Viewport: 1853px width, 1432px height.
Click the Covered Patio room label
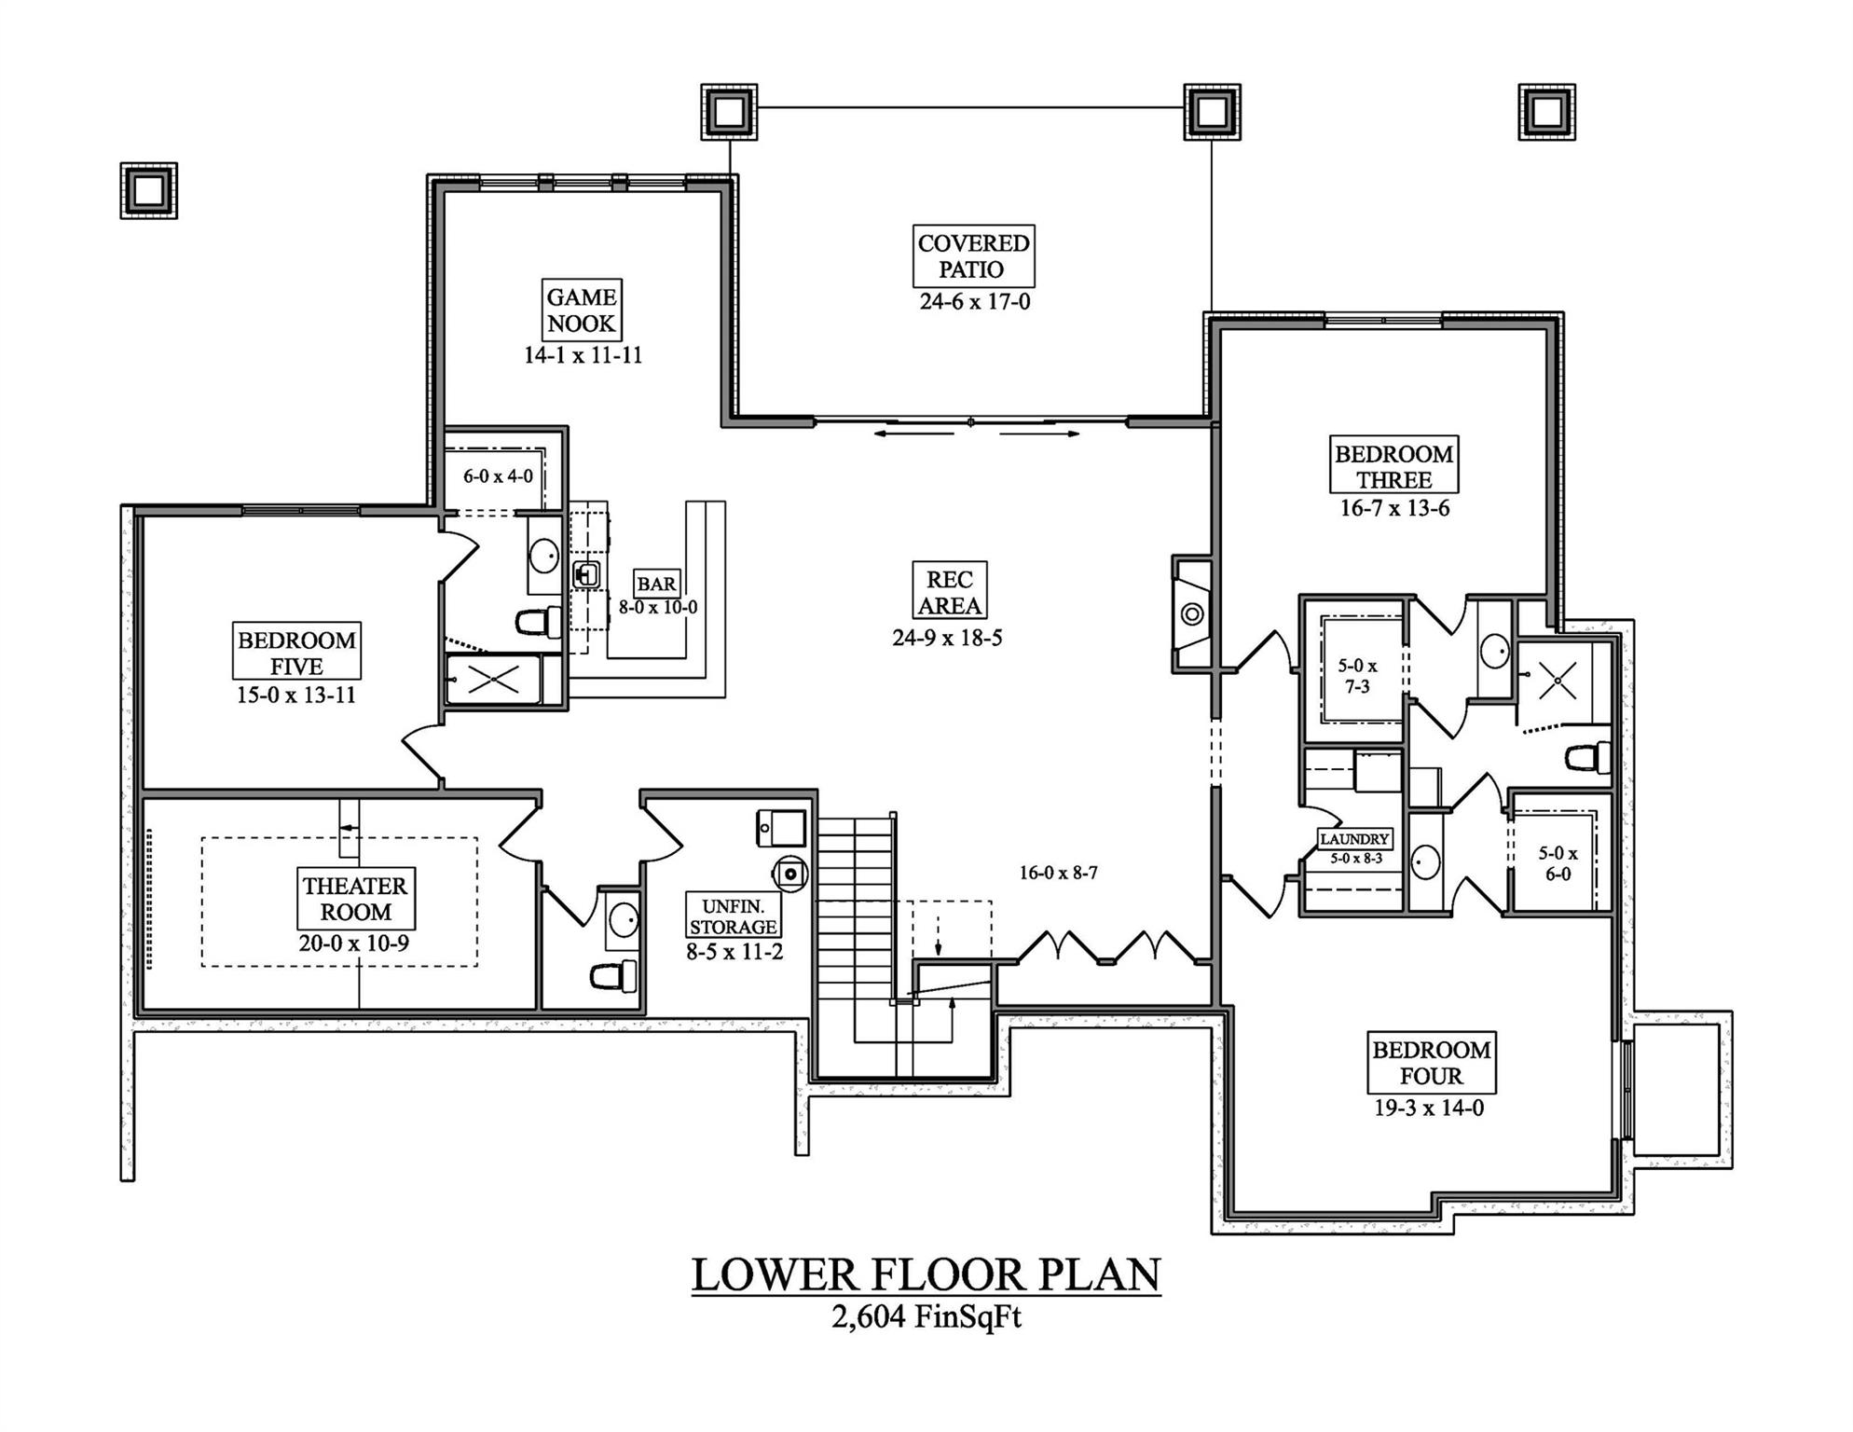[973, 256]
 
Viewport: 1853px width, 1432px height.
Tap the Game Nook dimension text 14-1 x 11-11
[583, 355]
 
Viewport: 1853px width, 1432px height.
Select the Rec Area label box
[949, 592]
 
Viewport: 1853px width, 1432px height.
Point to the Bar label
[656, 584]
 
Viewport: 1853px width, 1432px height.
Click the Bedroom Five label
[296, 653]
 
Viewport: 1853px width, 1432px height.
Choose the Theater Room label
[355, 899]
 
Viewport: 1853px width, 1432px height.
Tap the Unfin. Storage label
[734, 916]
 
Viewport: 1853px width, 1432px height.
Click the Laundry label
[1354, 839]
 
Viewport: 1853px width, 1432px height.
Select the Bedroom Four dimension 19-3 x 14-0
[1429, 1108]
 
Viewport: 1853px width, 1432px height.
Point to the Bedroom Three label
[1393, 466]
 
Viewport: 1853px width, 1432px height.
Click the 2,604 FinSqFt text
[926, 1316]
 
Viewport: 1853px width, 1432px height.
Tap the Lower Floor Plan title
[926, 1275]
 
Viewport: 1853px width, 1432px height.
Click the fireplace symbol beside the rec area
[1192, 614]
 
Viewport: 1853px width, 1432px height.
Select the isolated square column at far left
[148, 191]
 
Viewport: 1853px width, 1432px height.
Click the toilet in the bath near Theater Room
[614, 976]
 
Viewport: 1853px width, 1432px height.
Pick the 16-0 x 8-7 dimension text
[1058, 874]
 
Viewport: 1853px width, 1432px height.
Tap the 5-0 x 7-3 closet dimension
[1357, 676]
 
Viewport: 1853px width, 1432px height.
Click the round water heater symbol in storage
[790, 874]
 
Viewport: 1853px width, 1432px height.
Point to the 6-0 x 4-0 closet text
[498, 476]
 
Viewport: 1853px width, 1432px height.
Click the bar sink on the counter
[587, 574]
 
